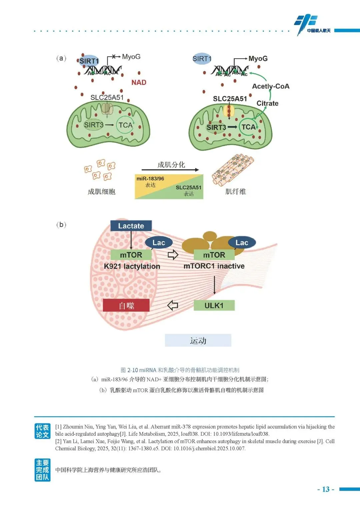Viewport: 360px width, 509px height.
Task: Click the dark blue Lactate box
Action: (131, 226)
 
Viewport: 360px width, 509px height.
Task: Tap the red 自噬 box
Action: (126, 305)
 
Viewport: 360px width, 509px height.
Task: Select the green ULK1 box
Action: (214, 305)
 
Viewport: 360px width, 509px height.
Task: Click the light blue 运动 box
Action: (198, 340)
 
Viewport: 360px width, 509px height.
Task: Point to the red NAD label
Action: (139, 82)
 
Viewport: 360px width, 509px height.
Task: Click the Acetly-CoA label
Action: (271, 86)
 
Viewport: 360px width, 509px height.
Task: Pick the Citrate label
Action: (267, 103)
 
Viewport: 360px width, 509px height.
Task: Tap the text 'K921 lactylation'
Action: (132, 266)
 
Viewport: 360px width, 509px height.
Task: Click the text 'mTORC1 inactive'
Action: (214, 266)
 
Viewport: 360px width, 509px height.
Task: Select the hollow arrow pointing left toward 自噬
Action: (172, 305)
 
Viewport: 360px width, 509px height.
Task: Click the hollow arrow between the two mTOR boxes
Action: (173, 255)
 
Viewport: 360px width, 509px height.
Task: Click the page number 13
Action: (326, 489)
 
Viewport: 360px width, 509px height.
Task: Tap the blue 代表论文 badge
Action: (42, 431)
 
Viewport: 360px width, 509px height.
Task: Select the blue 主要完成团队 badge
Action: (42, 470)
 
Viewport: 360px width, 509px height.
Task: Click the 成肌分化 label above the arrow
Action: (171, 165)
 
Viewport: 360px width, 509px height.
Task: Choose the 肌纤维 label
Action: (235, 191)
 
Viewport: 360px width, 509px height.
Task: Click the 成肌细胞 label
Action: (101, 192)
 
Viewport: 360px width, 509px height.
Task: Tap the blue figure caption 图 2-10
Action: (180, 370)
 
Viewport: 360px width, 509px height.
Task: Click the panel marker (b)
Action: (61, 225)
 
